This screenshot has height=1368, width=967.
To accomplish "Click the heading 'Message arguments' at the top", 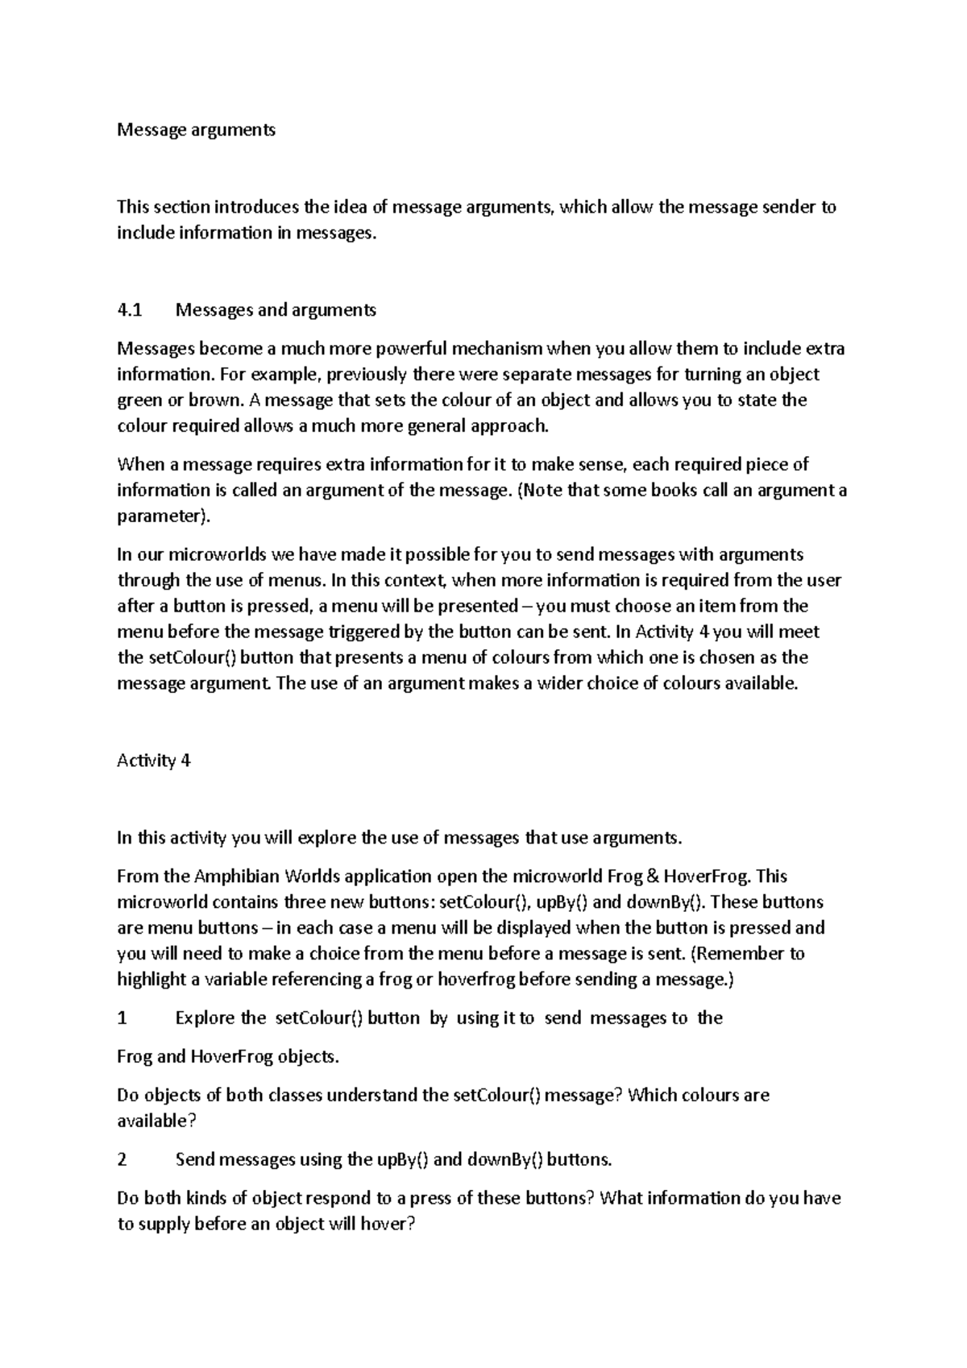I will click(196, 130).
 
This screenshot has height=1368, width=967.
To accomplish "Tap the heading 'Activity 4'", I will click(153, 761).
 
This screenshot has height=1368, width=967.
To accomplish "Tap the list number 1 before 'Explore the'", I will click(122, 1018).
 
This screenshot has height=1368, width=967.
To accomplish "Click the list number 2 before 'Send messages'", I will click(122, 1160).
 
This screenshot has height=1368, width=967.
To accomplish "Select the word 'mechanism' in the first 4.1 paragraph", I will click(496, 349).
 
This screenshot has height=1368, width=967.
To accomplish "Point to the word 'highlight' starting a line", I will click(147, 980).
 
